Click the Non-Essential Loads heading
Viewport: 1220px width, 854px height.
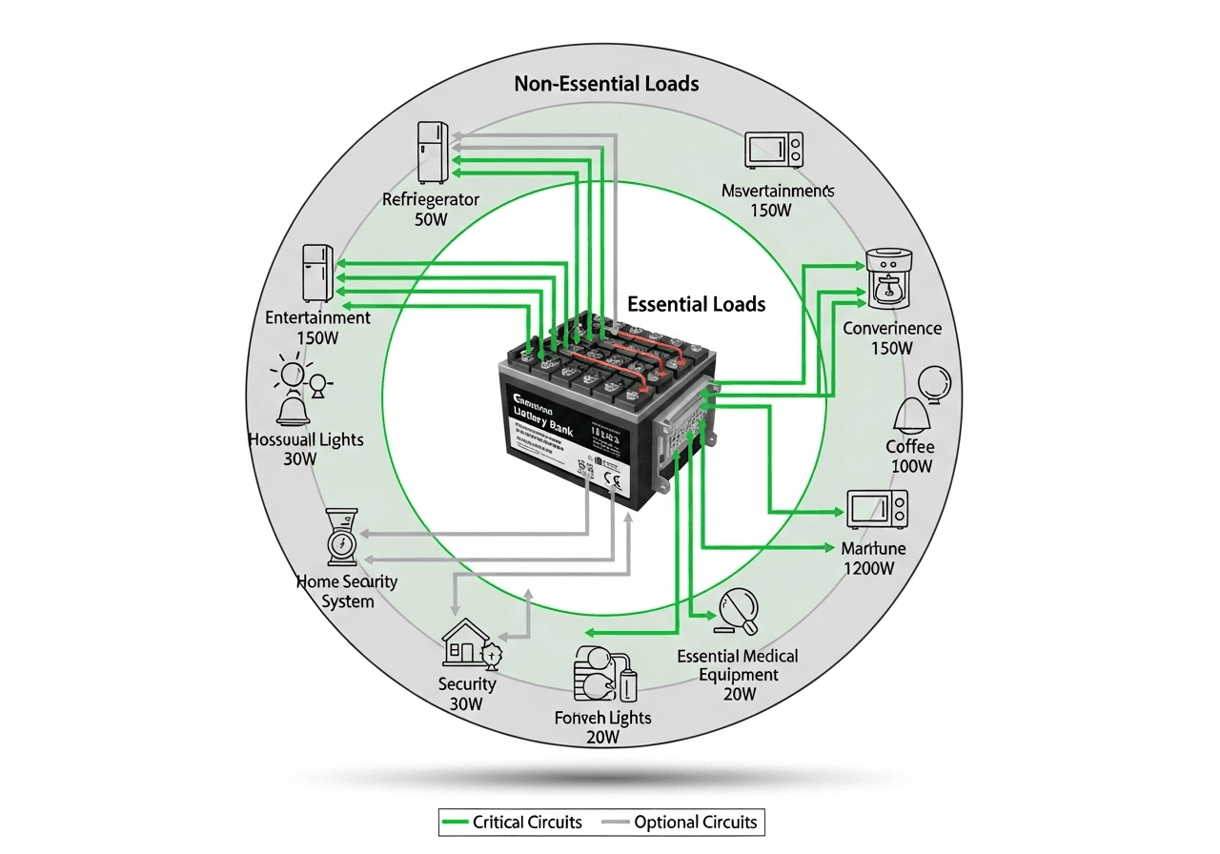click(606, 84)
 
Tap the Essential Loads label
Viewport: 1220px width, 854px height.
click(697, 305)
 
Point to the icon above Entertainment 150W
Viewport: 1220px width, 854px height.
click(317, 273)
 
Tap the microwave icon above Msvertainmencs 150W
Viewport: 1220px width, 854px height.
click(774, 150)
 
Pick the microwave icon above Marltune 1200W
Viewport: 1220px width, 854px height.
click(878, 509)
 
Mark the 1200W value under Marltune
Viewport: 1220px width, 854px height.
click(869, 569)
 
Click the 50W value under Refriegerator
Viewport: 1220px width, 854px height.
click(430, 220)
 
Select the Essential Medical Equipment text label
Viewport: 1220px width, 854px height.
click(738, 665)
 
